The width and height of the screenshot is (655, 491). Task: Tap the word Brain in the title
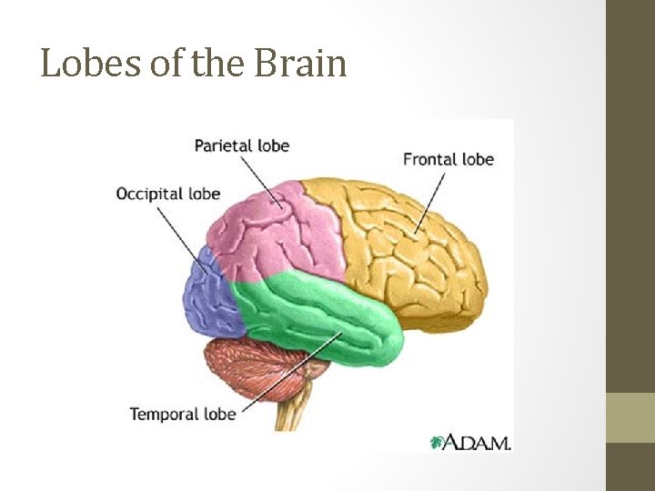pos(301,64)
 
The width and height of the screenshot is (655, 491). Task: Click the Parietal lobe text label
pos(241,145)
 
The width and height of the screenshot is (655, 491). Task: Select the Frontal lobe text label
pos(448,159)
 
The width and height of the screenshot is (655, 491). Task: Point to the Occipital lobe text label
pos(168,194)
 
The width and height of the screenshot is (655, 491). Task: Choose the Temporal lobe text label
pos(182,414)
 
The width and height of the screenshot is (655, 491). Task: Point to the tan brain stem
pos(292,414)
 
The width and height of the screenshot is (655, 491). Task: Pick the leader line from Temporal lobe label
pos(291,373)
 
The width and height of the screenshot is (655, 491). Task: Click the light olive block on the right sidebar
pos(630,417)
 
